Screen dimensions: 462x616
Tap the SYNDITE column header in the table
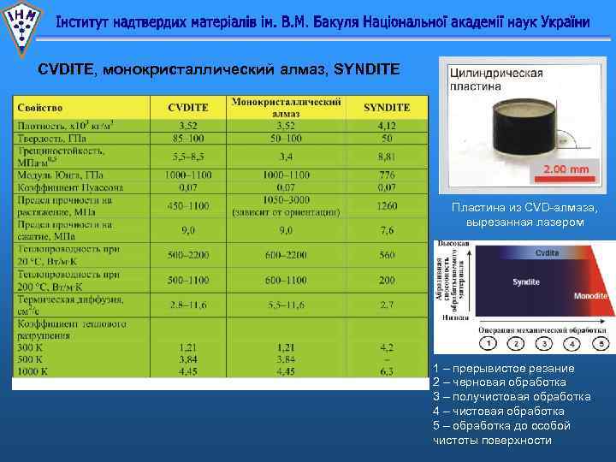pos(386,108)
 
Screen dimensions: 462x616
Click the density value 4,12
pos(387,126)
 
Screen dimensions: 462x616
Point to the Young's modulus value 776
pos(387,175)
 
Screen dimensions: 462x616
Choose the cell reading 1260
pos(387,205)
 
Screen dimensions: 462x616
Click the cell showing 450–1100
pos(187,205)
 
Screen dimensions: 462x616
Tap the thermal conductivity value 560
pos(387,255)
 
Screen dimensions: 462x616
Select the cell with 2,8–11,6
pos(187,305)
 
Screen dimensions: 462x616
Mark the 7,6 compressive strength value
pos(387,230)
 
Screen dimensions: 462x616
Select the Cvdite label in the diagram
pos(548,253)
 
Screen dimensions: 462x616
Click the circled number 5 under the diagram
pos(601,343)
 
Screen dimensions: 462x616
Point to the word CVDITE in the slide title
pos(67,68)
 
